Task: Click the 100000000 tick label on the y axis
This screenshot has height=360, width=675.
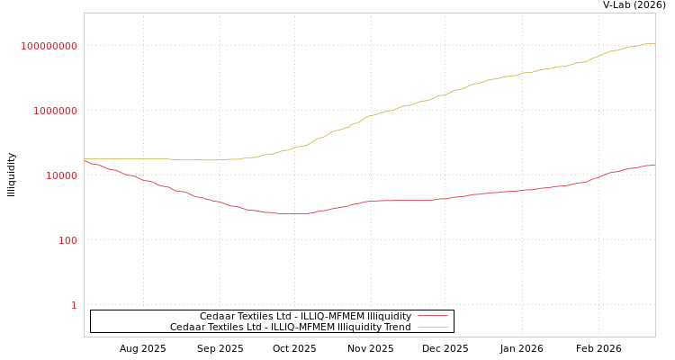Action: (x=49, y=46)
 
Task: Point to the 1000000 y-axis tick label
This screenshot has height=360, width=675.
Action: (x=55, y=111)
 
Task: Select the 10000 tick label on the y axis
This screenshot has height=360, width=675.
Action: (x=61, y=175)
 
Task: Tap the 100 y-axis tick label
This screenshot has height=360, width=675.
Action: (x=67, y=240)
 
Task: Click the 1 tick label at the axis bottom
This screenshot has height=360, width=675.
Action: (x=74, y=305)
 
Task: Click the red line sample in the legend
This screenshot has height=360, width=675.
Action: (x=432, y=316)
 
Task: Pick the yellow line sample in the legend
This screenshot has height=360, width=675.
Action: (x=432, y=327)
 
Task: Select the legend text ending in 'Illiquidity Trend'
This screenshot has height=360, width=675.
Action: (x=290, y=327)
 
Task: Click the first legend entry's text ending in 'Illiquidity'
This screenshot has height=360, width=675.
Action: (x=305, y=316)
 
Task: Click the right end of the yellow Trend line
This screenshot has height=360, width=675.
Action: (x=654, y=43)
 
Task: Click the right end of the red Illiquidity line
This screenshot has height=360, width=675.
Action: (x=654, y=165)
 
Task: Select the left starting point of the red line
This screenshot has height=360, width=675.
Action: (x=85, y=161)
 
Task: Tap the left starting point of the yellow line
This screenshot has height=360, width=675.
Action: (x=85, y=158)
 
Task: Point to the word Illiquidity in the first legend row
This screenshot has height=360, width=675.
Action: (x=389, y=316)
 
